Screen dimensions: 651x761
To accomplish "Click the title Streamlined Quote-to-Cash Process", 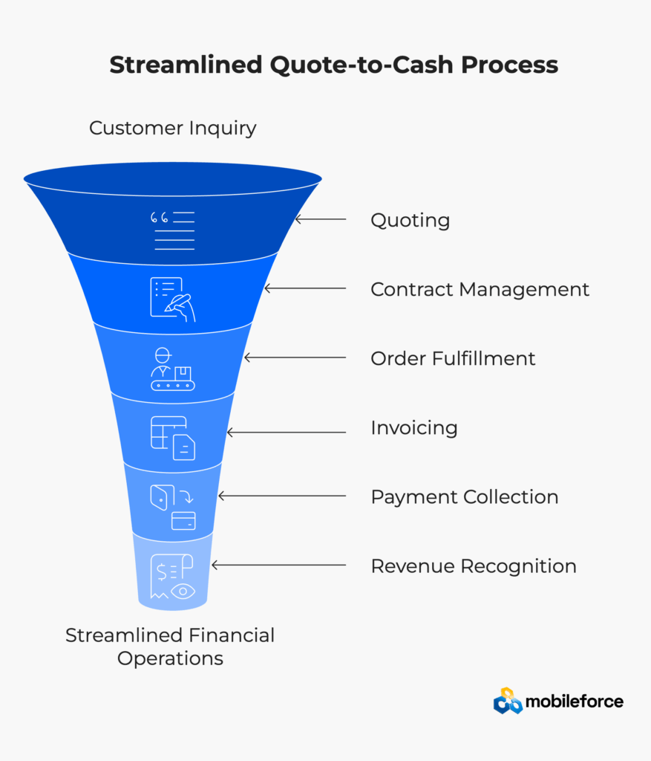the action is [x=333, y=65].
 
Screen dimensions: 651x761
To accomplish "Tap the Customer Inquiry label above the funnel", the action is [x=172, y=129].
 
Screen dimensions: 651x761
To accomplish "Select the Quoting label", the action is [x=410, y=221].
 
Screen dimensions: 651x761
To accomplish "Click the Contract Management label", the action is [x=480, y=289].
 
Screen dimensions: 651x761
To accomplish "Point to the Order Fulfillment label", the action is [x=453, y=359].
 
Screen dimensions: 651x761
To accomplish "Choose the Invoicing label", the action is [x=414, y=427].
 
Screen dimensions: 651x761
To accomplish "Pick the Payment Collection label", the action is [x=465, y=497].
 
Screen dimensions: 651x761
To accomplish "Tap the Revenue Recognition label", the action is [x=474, y=566].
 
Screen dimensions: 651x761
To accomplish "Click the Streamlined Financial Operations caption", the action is [x=170, y=647].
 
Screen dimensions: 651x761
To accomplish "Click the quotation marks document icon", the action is [x=172, y=230].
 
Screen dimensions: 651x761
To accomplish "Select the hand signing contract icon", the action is [x=172, y=299].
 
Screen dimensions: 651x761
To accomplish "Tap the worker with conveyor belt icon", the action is [x=172, y=369].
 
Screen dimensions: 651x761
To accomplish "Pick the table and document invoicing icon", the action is [x=172, y=438].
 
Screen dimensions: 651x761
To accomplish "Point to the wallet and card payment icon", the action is [x=172, y=507].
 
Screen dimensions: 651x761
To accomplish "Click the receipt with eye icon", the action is [x=172, y=577].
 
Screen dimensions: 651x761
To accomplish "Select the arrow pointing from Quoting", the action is [x=321, y=219].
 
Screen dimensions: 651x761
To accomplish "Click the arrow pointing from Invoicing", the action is [x=287, y=432].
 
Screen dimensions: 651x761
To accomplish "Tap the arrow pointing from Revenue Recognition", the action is [x=278, y=565].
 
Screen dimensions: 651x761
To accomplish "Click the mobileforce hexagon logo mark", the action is [x=508, y=701].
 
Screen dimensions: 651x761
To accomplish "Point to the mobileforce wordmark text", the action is [x=575, y=702].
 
